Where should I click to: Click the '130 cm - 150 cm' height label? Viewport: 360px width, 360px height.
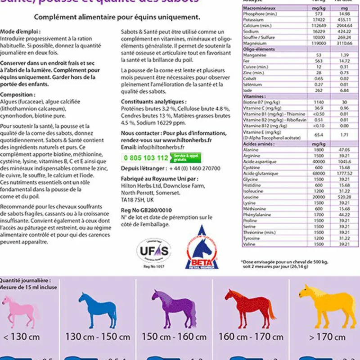click(x=98, y=337)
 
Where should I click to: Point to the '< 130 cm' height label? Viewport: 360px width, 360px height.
click(x=22, y=337)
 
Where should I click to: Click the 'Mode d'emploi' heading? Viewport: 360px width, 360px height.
click(x=20, y=32)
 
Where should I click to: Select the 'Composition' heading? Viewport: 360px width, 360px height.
click(x=18, y=95)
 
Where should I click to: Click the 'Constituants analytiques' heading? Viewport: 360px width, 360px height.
click(x=153, y=102)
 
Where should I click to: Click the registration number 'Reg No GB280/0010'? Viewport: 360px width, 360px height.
click(x=146, y=210)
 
